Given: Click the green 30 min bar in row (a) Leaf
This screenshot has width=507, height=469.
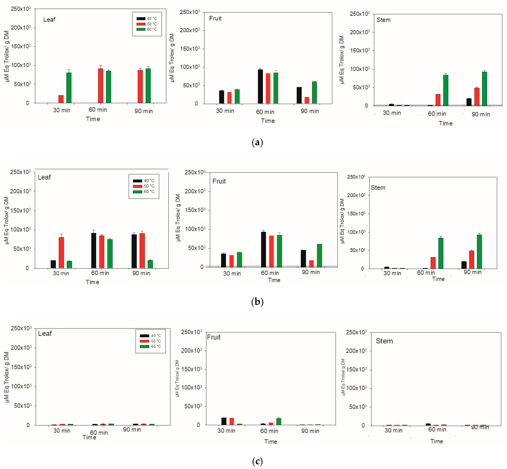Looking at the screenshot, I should click(69, 87).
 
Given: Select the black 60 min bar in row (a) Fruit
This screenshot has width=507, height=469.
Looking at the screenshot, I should click(260, 86).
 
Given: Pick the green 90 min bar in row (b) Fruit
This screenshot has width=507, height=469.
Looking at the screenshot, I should click(319, 255).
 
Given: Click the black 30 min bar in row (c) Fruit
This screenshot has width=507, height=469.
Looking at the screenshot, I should click(224, 421).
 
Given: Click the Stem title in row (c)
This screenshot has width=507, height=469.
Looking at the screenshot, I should click(384, 341).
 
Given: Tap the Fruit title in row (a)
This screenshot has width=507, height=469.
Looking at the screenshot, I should click(215, 18).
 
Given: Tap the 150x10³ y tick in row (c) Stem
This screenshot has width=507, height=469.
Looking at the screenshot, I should click(356, 369).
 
